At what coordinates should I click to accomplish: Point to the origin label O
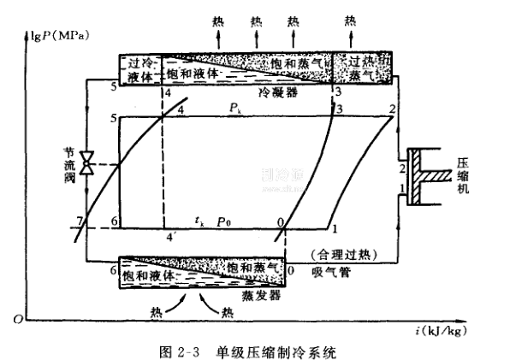coord(16,319)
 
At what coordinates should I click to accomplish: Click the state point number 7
coord(80,222)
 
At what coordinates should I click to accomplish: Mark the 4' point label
coord(169,237)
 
